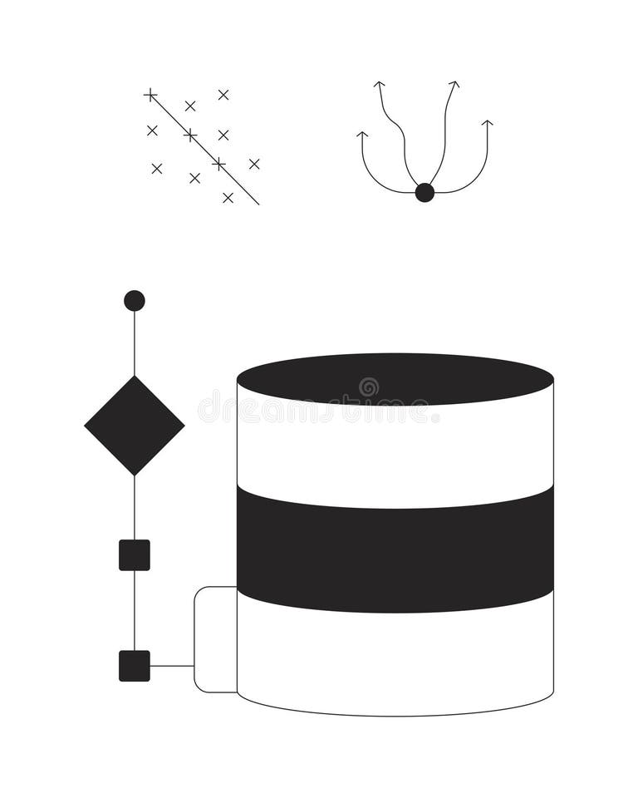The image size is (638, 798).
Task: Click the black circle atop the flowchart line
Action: [135, 301]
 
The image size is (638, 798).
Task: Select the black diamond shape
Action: [135, 426]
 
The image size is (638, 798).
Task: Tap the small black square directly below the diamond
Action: [135, 555]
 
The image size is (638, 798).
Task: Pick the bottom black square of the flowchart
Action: [135, 666]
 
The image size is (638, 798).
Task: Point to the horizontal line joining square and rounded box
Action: [172, 666]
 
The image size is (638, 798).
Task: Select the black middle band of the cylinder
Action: [395, 549]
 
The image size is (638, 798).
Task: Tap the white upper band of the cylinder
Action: [395, 453]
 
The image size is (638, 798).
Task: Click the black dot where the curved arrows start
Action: [425, 193]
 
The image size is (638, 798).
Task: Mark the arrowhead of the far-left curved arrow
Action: [362, 134]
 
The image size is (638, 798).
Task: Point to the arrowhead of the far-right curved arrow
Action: [488, 123]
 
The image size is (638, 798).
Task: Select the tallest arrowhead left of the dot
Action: [380, 84]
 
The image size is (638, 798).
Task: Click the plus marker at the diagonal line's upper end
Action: [150, 95]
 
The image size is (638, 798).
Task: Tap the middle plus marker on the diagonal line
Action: [190, 135]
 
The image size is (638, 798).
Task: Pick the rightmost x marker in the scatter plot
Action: [254, 164]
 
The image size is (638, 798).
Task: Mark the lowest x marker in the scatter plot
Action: [228, 198]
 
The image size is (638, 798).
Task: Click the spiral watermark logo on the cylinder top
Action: [368, 387]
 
